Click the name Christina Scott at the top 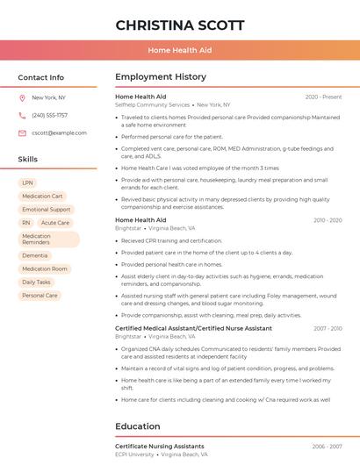(x=180, y=25)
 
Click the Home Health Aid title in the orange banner (x=180, y=50)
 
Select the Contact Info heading (x=41, y=77)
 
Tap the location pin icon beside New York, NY (x=22, y=97)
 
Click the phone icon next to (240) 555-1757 (x=22, y=115)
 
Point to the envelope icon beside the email (x=22, y=132)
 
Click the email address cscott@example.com (x=59, y=132)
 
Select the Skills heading (x=27, y=160)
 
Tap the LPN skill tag (x=28, y=182)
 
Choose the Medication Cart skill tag (x=42, y=197)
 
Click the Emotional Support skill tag (x=47, y=210)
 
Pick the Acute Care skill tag (x=55, y=223)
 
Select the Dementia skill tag (x=35, y=255)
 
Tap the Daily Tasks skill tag (x=36, y=283)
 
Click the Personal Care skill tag (x=40, y=296)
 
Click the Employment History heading (x=161, y=77)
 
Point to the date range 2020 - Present (x=323, y=97)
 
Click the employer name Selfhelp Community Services (x=152, y=104)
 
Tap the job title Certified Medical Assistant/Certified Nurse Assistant (x=193, y=328)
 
